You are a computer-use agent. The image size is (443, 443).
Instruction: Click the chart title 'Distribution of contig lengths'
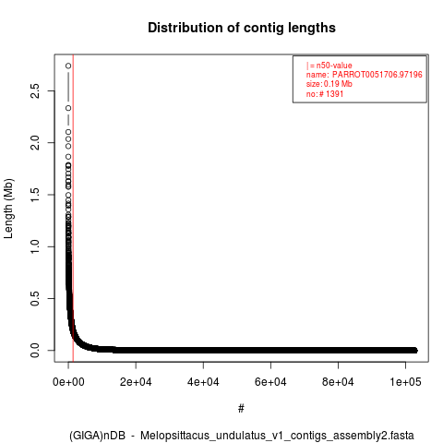(x=242, y=28)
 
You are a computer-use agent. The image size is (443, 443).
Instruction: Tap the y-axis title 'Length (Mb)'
(x=8, y=209)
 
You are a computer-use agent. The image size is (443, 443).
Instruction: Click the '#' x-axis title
(x=241, y=409)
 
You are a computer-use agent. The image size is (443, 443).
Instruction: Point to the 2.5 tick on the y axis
(x=35, y=90)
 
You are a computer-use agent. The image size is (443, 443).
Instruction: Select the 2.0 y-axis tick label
(x=35, y=142)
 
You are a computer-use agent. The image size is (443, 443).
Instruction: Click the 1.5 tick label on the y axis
(x=35, y=195)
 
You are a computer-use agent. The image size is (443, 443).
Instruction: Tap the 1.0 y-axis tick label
(x=35, y=246)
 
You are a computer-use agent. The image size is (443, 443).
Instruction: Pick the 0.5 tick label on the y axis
(x=35, y=298)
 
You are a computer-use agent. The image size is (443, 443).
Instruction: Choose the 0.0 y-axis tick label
(x=35, y=351)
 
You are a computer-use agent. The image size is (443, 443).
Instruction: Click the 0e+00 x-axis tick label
(x=68, y=382)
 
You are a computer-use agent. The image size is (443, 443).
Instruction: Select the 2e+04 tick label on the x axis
(x=136, y=382)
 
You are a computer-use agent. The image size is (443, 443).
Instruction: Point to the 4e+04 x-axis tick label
(x=203, y=382)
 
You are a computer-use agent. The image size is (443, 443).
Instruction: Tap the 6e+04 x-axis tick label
(x=270, y=382)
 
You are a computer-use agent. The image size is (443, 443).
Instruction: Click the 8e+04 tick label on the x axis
(x=338, y=382)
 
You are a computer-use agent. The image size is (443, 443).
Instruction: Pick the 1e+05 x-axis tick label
(x=405, y=382)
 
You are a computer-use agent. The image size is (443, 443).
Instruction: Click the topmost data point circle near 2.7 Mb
(x=68, y=66)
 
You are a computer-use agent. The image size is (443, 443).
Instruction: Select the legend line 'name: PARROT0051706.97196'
(x=365, y=75)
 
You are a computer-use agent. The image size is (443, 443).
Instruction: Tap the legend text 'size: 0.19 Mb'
(x=329, y=84)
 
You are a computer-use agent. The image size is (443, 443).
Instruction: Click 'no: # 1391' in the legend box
(x=325, y=94)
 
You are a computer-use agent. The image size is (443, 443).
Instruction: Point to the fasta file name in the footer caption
(x=277, y=436)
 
